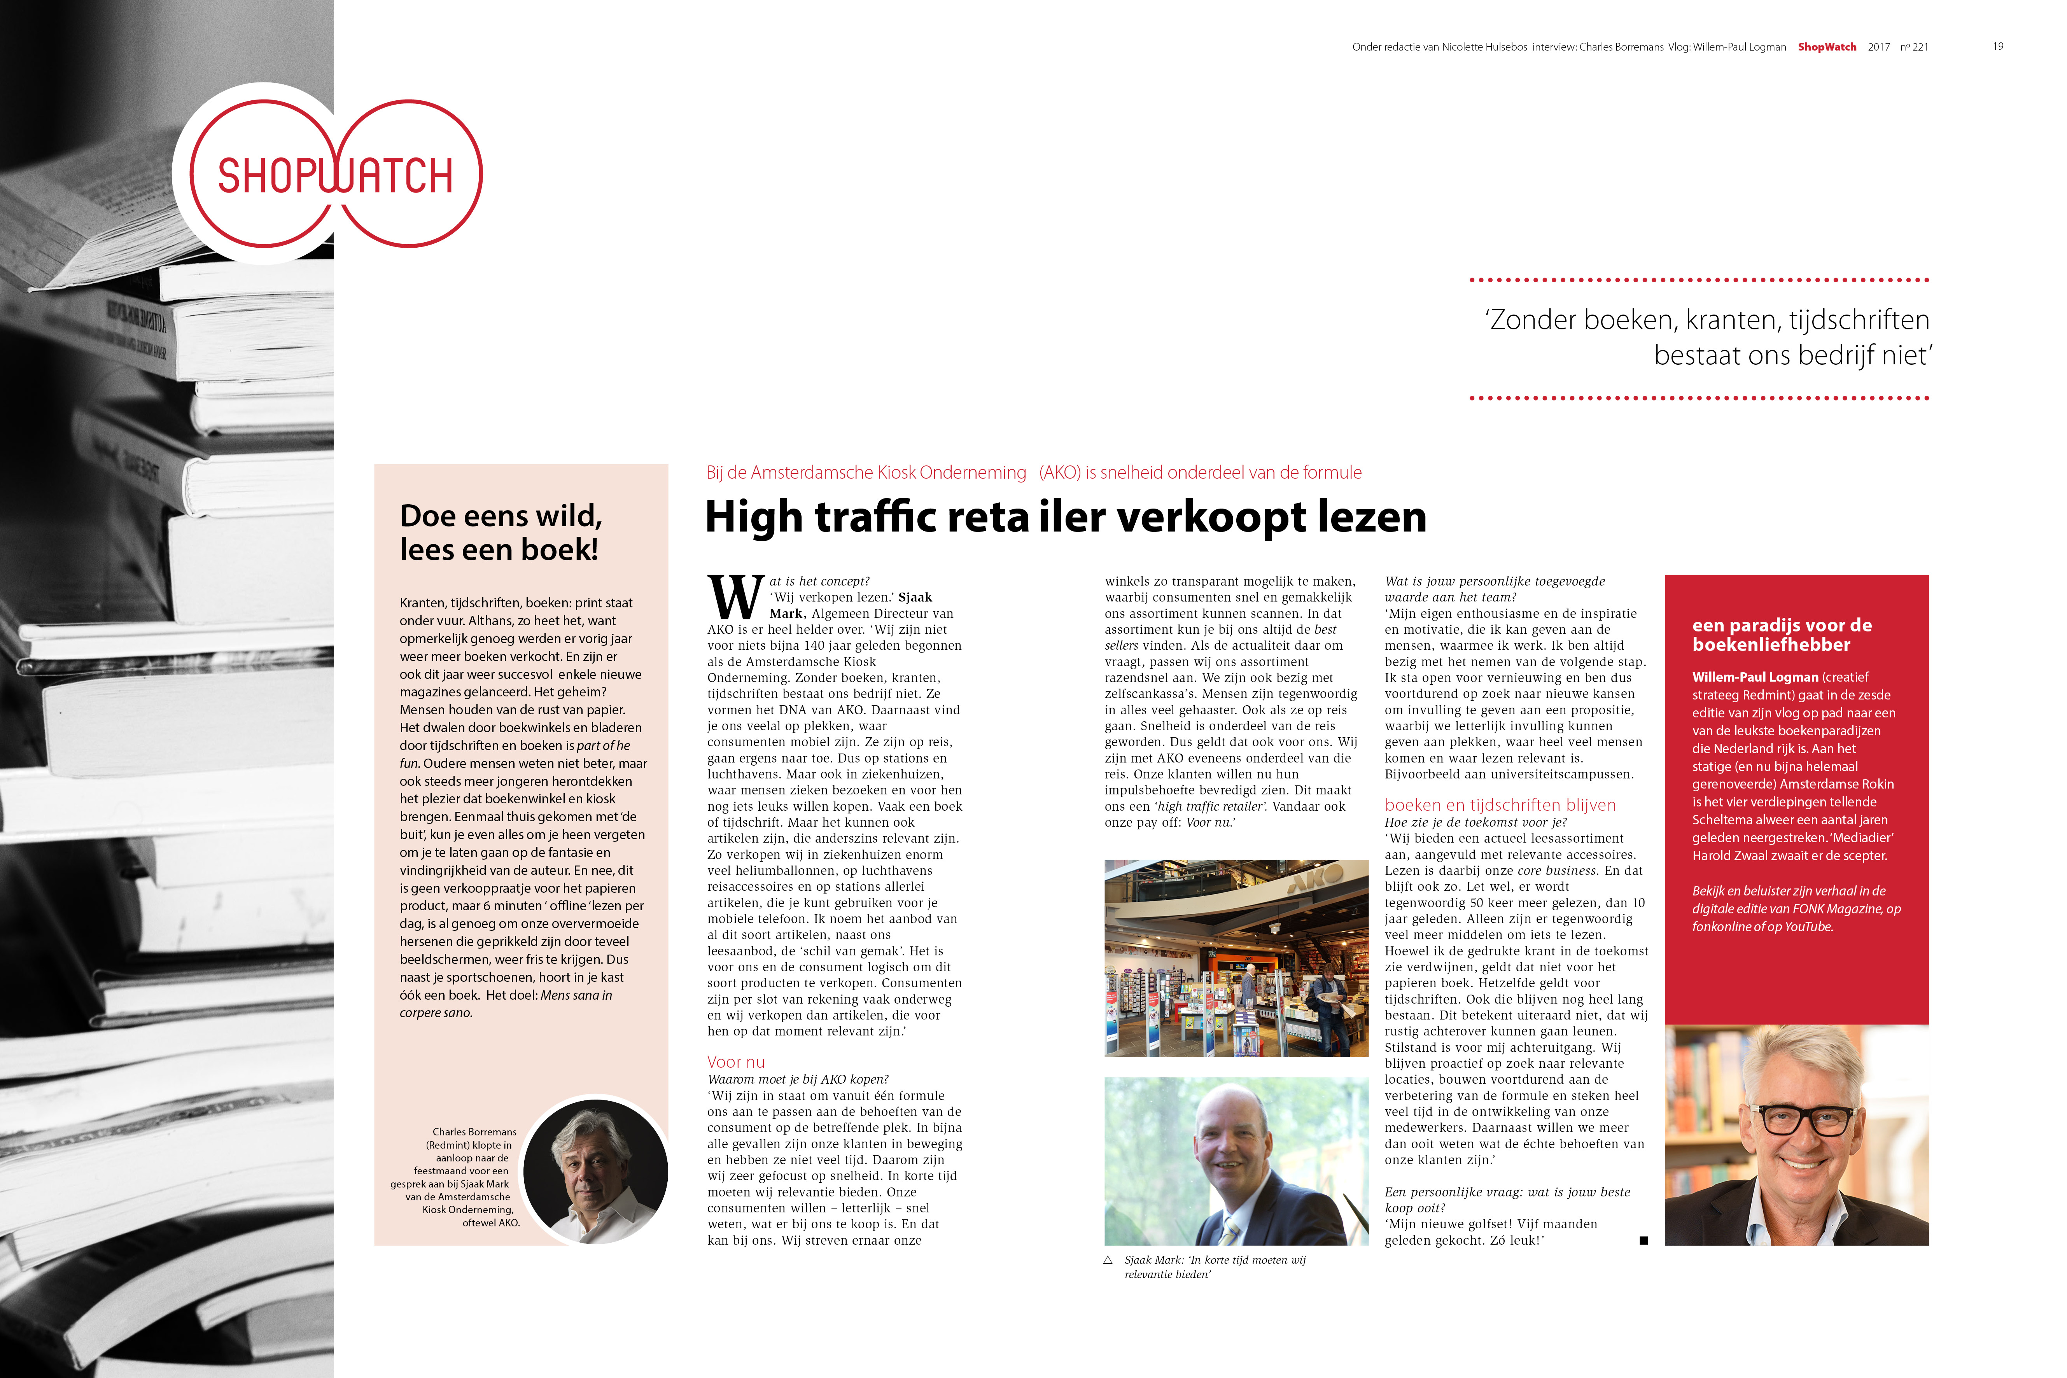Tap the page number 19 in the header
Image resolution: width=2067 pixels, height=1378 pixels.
pos(1997,47)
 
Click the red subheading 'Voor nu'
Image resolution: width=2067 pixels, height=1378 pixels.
pos(735,1061)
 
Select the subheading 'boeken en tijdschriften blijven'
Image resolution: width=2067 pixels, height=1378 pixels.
pos(1500,805)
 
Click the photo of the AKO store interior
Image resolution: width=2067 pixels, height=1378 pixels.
pos(1236,958)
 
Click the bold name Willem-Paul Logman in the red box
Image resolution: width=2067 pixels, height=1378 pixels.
pos(1754,677)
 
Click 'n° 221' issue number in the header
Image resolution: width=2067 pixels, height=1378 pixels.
pos(1914,47)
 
